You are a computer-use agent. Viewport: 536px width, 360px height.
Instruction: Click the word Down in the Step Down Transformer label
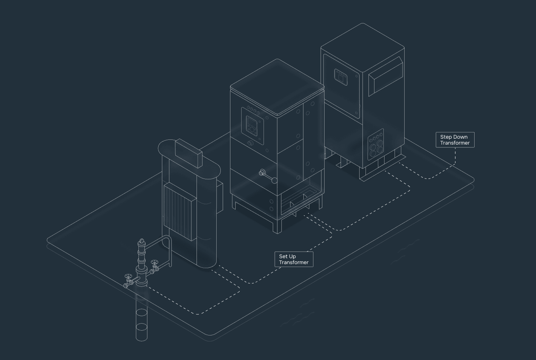tap(461, 137)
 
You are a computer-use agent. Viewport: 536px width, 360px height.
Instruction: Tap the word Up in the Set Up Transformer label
tap(293, 257)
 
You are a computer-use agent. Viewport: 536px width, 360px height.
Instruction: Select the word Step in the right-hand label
tap(446, 137)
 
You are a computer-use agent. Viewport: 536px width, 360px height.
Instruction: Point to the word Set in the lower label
tap(284, 257)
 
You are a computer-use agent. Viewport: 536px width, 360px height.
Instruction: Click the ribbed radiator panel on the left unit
tap(180, 211)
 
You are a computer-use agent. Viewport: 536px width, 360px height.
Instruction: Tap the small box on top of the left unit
tap(189, 153)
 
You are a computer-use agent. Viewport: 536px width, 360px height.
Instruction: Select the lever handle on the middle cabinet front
tap(268, 176)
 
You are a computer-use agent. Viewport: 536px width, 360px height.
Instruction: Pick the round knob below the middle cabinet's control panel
tap(250, 143)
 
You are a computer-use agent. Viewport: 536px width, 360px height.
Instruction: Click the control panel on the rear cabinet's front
tap(341, 77)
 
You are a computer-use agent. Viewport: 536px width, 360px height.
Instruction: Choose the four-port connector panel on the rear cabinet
tap(376, 144)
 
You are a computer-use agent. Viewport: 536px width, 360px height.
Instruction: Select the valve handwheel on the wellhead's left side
tap(128, 276)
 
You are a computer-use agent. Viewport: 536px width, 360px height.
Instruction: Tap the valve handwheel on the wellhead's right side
tap(154, 262)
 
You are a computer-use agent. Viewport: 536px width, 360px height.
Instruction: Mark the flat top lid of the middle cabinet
tap(277, 87)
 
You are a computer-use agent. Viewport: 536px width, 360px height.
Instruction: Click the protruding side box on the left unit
tap(220, 197)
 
